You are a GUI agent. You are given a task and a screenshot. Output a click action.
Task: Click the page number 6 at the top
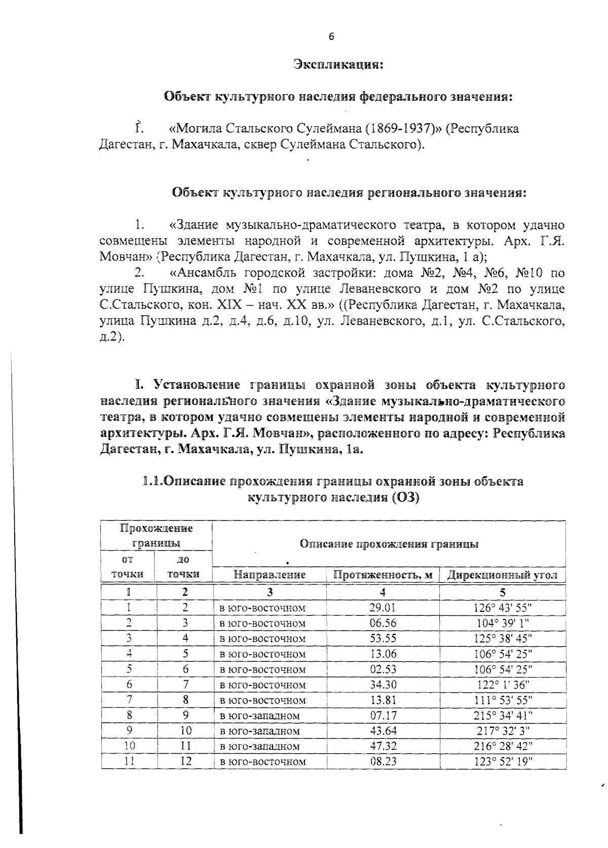(x=331, y=36)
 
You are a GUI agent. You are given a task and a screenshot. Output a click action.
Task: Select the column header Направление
(x=270, y=575)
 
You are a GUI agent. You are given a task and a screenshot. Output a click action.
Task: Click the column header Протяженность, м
(x=383, y=575)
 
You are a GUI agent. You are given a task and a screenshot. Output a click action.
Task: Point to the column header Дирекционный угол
(x=503, y=575)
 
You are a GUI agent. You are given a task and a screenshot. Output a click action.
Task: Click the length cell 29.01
(x=383, y=607)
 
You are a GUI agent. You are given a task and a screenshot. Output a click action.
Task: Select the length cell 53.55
(x=383, y=638)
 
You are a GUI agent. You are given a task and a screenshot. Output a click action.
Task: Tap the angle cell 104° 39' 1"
(x=503, y=623)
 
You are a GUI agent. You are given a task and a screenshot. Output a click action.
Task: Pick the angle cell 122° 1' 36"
(x=503, y=684)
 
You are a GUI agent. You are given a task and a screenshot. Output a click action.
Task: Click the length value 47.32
(x=383, y=746)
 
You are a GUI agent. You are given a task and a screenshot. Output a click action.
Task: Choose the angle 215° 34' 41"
(x=503, y=715)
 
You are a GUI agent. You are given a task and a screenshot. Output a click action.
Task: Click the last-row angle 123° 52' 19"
(x=503, y=761)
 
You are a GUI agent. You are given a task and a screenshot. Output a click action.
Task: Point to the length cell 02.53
(x=383, y=669)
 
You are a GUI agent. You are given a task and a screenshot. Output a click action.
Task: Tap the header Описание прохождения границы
(x=389, y=544)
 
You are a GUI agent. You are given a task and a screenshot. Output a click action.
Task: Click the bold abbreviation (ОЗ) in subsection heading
(x=405, y=497)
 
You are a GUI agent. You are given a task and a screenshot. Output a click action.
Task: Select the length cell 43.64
(x=383, y=730)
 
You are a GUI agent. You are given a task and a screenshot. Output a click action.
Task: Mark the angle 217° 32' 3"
(x=503, y=730)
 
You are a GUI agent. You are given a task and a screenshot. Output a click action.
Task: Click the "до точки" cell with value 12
(x=185, y=761)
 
